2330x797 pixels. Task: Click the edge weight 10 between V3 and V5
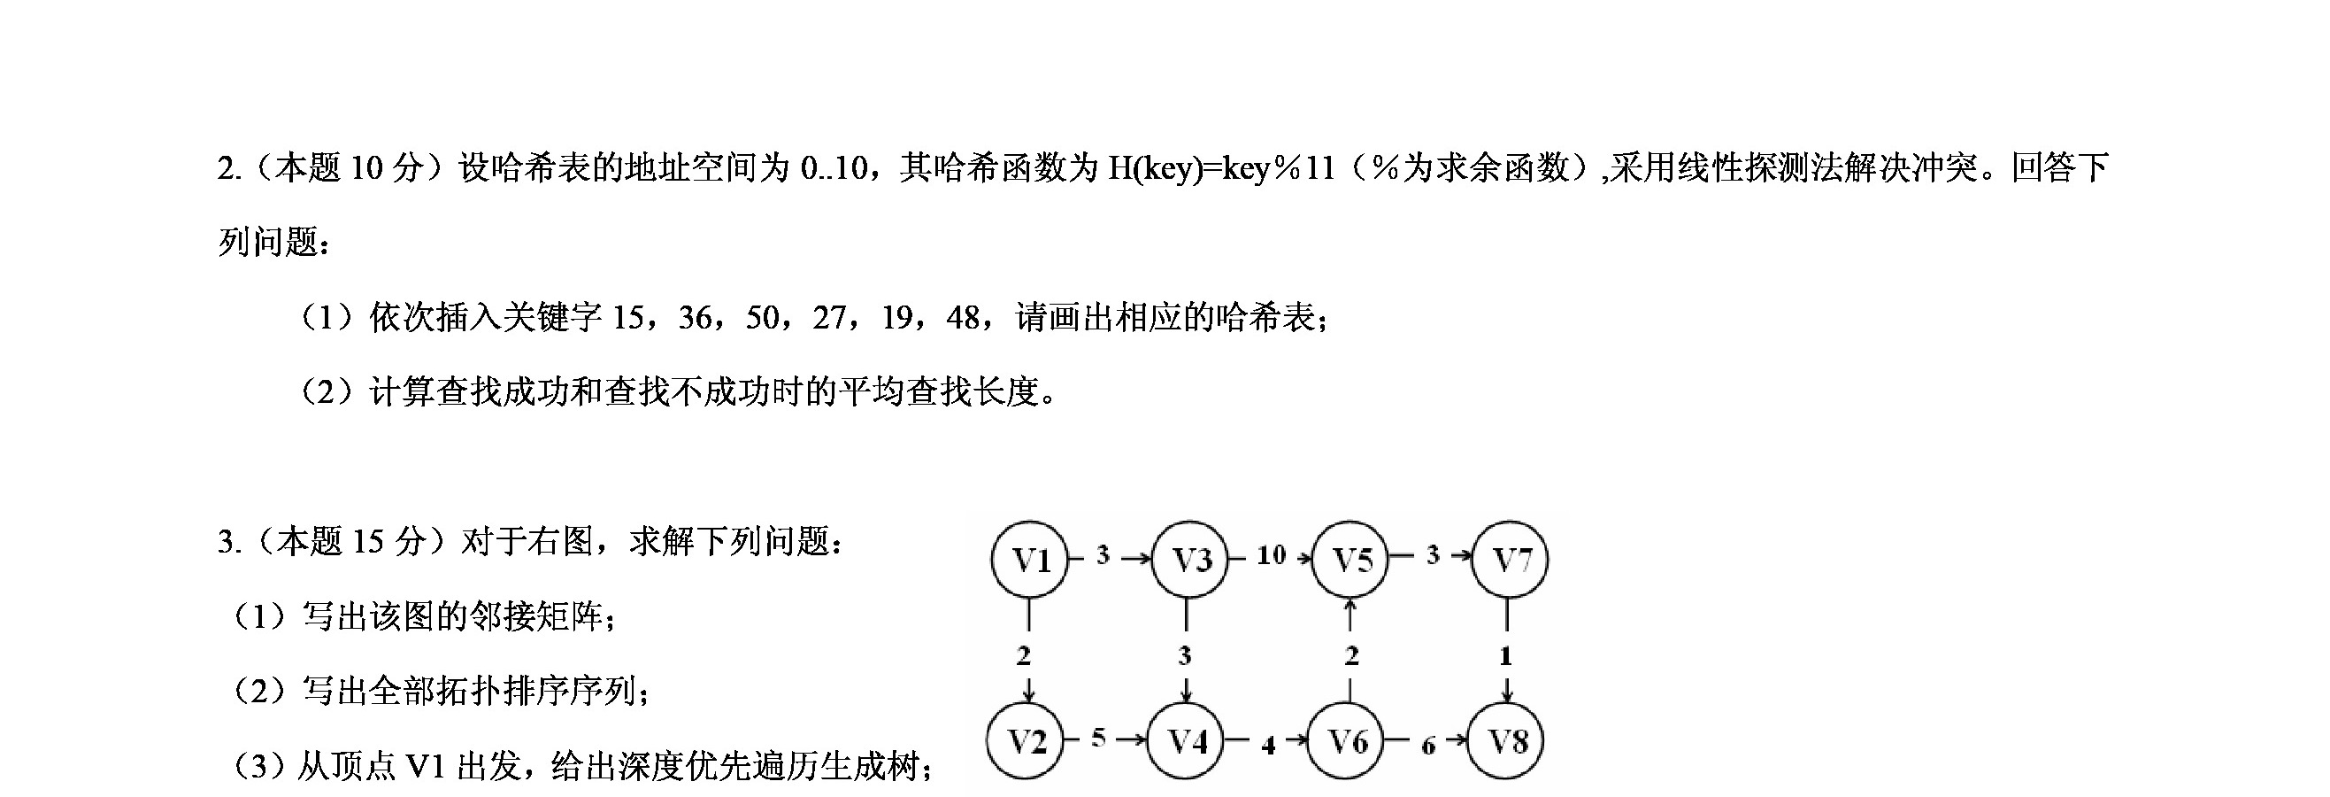click(x=1271, y=554)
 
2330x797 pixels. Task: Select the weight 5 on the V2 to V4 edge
click(x=1098, y=738)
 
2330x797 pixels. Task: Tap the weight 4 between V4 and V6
click(x=1268, y=745)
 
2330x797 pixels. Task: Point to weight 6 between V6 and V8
click(x=1428, y=746)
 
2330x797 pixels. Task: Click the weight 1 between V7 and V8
click(x=1505, y=655)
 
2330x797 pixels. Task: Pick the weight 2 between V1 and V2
click(x=1023, y=655)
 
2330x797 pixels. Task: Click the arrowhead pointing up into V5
click(x=1350, y=605)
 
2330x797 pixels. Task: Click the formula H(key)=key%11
click(x=1222, y=168)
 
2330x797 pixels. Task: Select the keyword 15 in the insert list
click(x=628, y=318)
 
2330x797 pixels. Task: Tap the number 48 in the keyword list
click(x=964, y=318)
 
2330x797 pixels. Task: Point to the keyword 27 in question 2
click(x=829, y=318)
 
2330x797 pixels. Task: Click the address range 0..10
click(x=834, y=168)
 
